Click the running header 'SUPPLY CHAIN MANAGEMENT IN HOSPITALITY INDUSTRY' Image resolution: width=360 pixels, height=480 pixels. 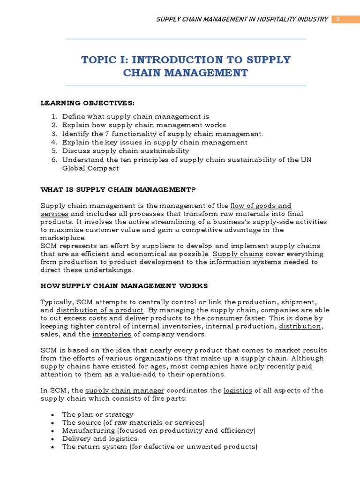[241, 19]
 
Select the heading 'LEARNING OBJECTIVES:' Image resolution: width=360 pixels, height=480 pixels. [87, 103]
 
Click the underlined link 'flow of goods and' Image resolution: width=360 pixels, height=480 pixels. [261, 206]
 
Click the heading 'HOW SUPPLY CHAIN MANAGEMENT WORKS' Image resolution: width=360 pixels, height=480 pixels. [124, 285]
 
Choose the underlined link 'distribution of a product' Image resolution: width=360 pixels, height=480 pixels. [100, 310]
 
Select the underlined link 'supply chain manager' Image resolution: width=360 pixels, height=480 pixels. [125, 390]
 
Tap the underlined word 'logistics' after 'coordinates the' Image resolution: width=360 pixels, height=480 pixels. [238, 390]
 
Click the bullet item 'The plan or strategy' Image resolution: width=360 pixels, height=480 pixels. [97, 414]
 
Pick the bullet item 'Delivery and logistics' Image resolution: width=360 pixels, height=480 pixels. [100, 439]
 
